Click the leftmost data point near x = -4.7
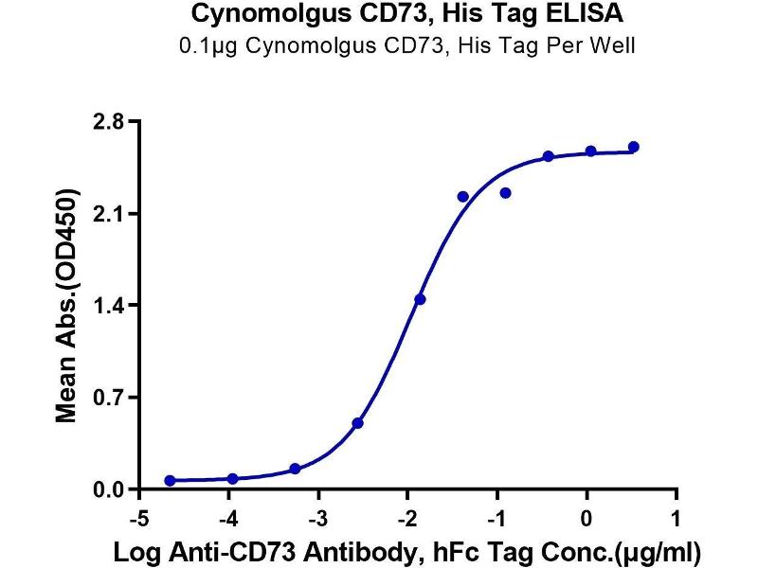(170, 481)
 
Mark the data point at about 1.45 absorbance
(420, 299)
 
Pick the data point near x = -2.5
(357, 423)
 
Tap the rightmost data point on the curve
(634, 147)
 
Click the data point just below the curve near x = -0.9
(506, 193)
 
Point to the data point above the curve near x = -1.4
(462, 197)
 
